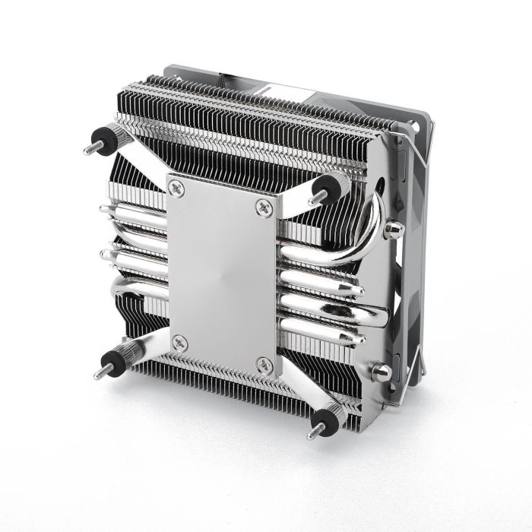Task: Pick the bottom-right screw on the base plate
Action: pyautogui.click(x=264, y=364)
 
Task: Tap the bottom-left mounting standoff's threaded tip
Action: pyautogui.click(x=98, y=374)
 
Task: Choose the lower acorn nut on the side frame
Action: pyautogui.click(x=382, y=372)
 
